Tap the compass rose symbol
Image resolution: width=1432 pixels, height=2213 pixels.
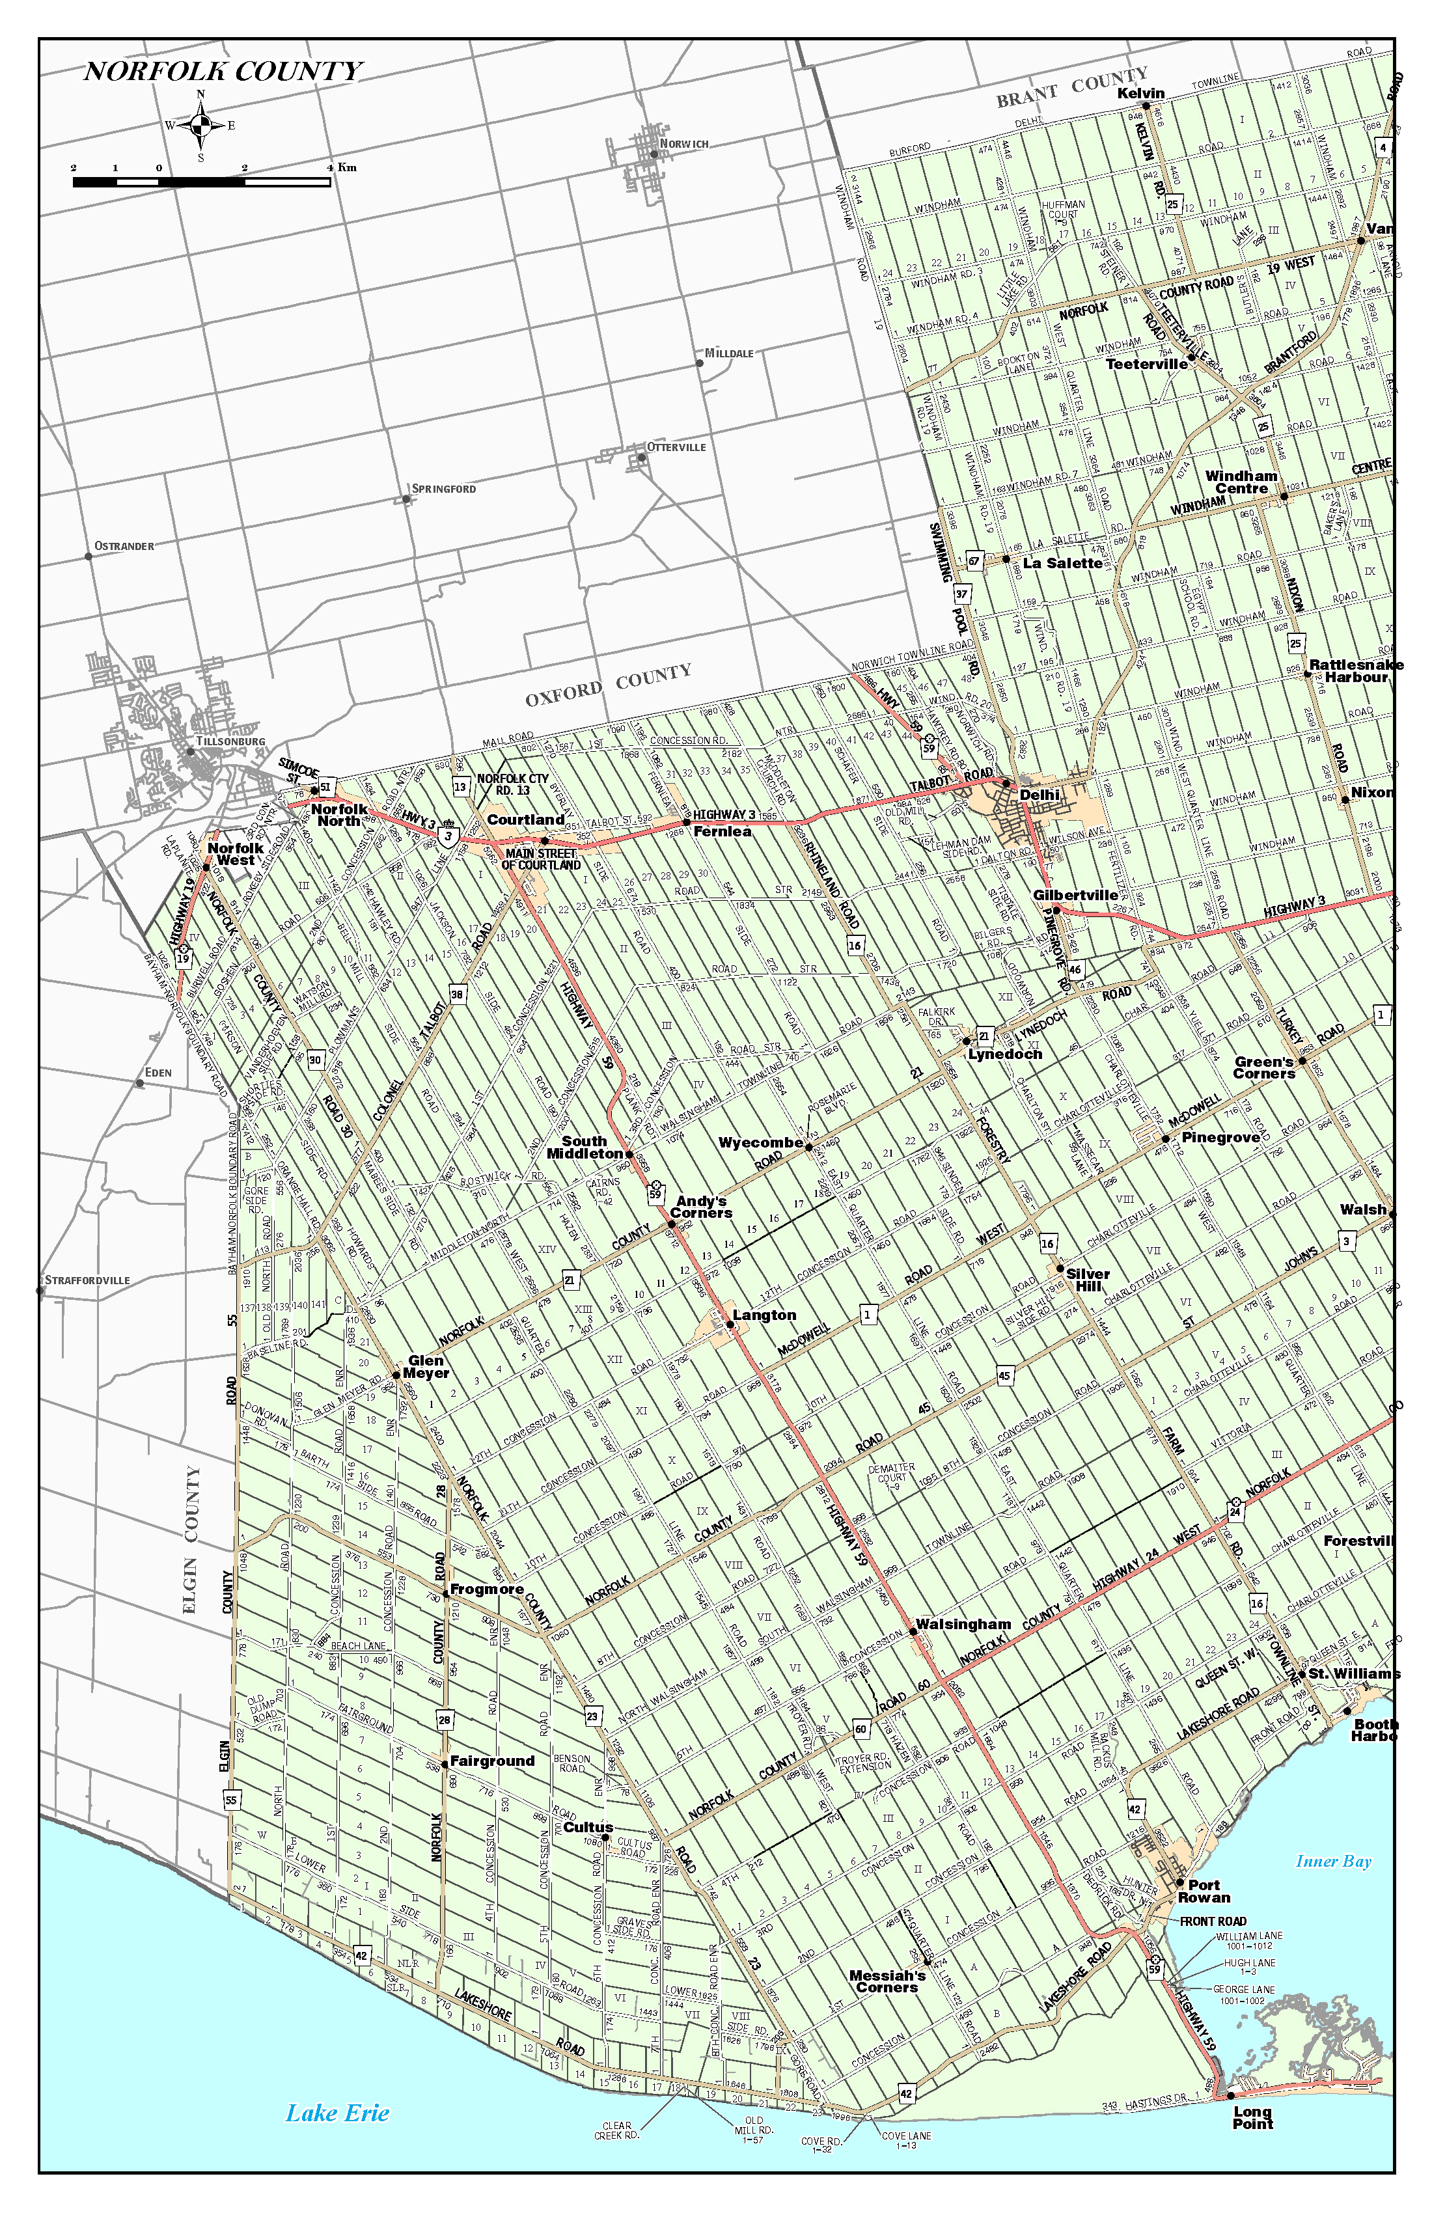[x=201, y=126]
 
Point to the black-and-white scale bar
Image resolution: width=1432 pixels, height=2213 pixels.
[x=201, y=182]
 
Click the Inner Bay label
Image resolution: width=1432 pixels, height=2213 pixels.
[x=1334, y=1861]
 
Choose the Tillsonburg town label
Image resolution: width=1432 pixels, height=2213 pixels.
[x=230, y=742]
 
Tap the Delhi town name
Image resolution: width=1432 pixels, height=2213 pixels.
[x=1039, y=795]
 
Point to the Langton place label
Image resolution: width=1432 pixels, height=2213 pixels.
[x=764, y=1315]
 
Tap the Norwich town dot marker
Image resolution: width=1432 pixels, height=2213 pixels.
[x=654, y=154]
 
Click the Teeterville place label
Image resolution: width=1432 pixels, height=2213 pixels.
[x=1146, y=364]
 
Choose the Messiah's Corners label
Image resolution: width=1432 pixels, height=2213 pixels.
[x=887, y=1981]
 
